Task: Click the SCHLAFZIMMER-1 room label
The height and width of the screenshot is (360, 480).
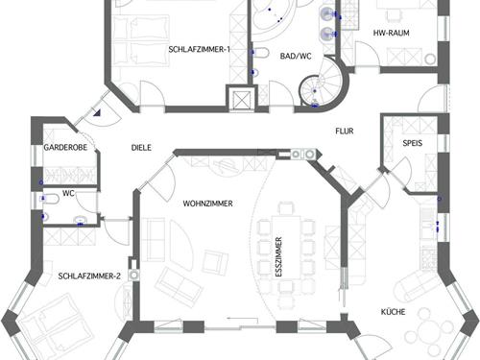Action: click(x=199, y=49)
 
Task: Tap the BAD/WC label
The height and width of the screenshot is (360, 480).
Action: click(x=296, y=56)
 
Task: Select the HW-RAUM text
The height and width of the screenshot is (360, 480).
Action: click(x=391, y=33)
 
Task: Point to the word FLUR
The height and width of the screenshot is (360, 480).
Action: click(x=345, y=131)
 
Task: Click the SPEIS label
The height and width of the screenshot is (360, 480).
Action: click(x=413, y=143)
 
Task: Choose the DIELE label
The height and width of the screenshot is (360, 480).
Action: click(x=141, y=148)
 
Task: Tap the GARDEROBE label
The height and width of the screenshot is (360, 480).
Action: click(x=65, y=148)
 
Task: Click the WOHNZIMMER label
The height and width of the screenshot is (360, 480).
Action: click(x=207, y=204)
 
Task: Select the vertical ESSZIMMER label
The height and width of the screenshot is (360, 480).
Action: click(x=278, y=256)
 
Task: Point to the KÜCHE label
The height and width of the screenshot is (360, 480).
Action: click(x=393, y=312)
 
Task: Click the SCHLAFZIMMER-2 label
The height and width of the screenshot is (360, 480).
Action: click(x=89, y=276)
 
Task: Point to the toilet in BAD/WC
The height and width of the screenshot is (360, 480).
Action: click(x=261, y=53)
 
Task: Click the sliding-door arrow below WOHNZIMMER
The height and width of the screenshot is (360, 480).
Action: click(x=243, y=320)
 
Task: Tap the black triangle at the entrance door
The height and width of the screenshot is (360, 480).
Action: click(x=97, y=112)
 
